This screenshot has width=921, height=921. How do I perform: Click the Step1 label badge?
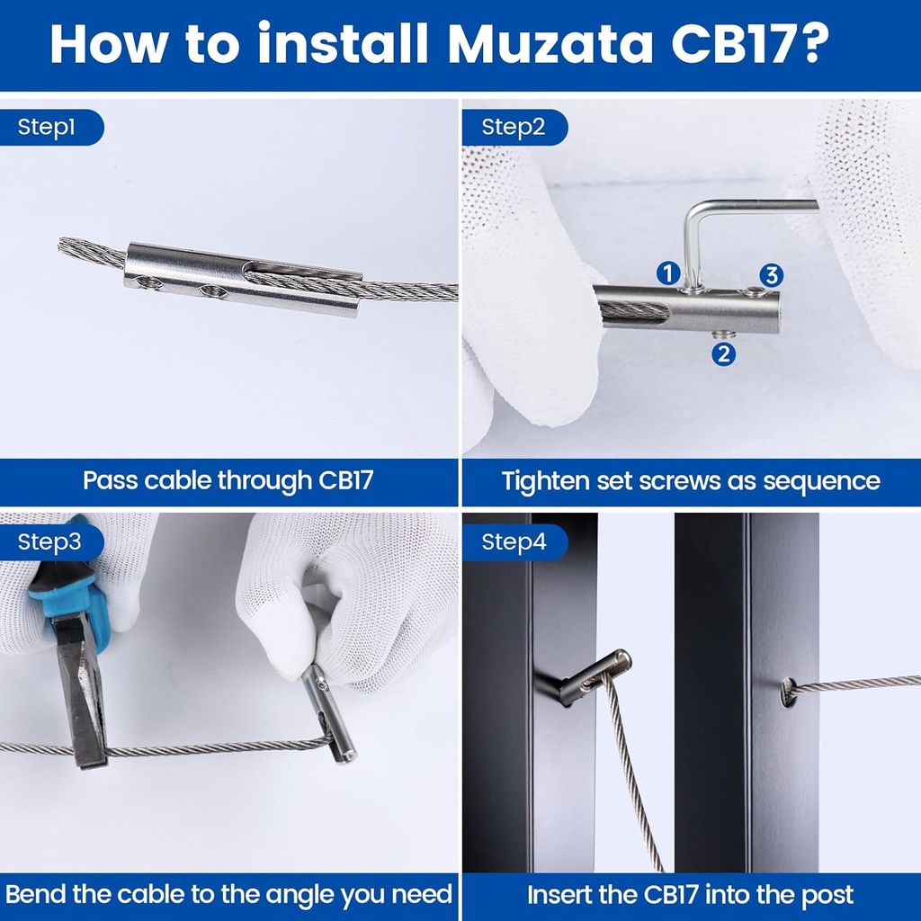click(50, 128)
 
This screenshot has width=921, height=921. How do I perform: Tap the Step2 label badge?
click(514, 128)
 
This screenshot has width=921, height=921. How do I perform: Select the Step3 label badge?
click(50, 541)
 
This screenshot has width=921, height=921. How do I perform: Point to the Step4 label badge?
click(514, 541)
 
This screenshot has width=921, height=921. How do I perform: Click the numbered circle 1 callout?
click(668, 273)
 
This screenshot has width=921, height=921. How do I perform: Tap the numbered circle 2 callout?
click(724, 354)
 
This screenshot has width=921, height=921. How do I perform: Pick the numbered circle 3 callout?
click(771, 275)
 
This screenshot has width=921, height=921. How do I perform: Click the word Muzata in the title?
click(550, 44)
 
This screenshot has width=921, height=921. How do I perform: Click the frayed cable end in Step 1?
click(91, 253)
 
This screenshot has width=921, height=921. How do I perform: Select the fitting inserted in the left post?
click(587, 678)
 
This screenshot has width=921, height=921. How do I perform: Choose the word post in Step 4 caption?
click(827, 895)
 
